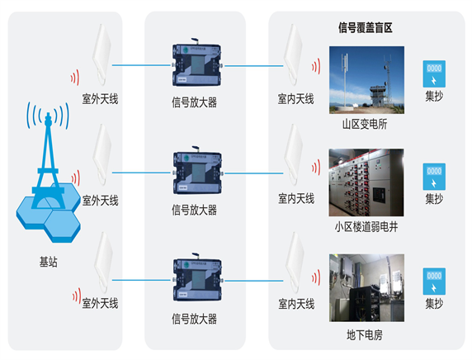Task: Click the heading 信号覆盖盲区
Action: click(x=365, y=28)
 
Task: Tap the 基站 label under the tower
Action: click(x=48, y=262)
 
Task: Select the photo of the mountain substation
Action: click(x=366, y=80)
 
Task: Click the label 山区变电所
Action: click(x=365, y=124)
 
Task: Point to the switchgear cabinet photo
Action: click(x=366, y=182)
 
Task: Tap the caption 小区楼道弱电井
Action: click(x=366, y=227)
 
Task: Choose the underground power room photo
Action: click(x=366, y=287)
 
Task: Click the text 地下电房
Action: click(x=365, y=335)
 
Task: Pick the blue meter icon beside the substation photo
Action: click(x=434, y=73)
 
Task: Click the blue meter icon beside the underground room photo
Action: click(x=434, y=282)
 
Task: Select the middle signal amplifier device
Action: click(x=197, y=172)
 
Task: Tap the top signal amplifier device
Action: click(x=197, y=64)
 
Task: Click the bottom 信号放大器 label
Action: click(x=194, y=319)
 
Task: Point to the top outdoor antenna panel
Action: click(x=101, y=54)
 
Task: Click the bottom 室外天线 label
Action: click(x=100, y=303)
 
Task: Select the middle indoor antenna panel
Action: click(x=293, y=154)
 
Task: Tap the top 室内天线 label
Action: click(x=296, y=99)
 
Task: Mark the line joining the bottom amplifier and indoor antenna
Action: click(x=254, y=281)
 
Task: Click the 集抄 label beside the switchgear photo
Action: click(x=434, y=199)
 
